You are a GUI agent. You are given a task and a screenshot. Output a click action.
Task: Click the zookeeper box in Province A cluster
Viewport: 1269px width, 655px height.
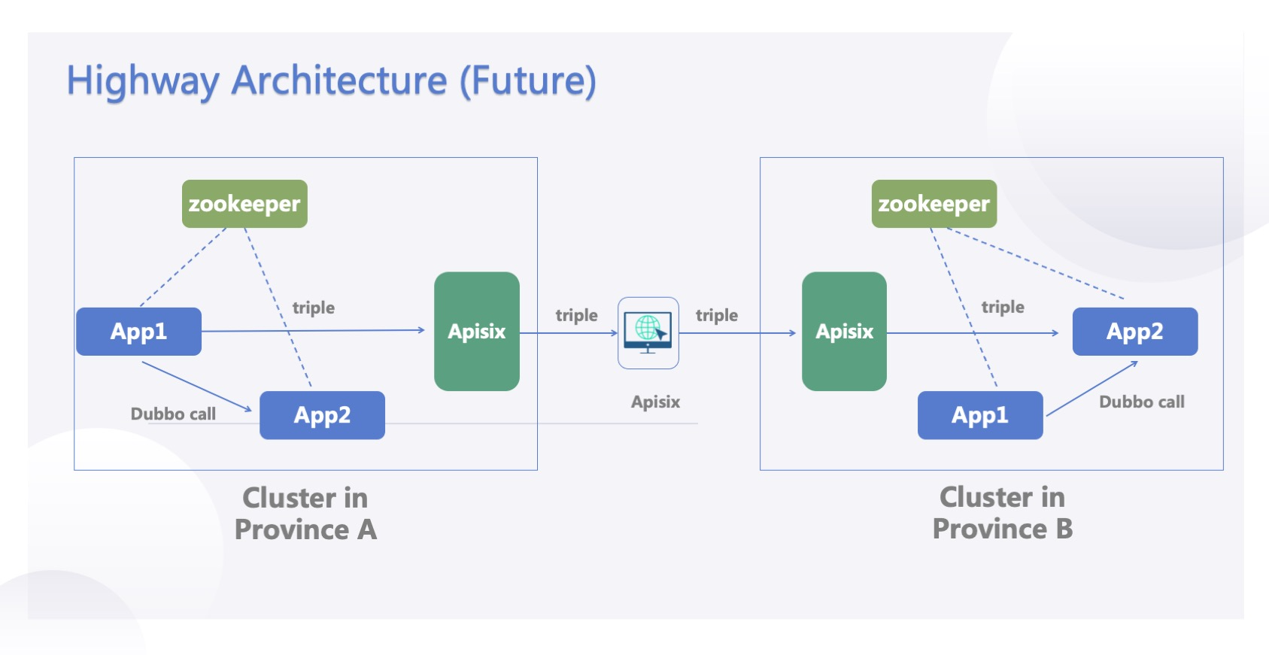pos(244,204)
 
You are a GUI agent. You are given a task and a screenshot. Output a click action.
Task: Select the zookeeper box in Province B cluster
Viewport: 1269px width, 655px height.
pos(934,204)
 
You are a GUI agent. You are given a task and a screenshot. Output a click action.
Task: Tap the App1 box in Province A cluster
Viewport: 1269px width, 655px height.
pos(138,332)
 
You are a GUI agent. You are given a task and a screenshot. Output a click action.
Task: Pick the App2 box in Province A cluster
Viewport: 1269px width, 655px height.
pos(322,415)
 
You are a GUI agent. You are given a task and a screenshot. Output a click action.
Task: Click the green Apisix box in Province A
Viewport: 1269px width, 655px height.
pos(477,332)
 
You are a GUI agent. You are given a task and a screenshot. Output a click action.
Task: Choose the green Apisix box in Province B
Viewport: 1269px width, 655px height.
pos(844,332)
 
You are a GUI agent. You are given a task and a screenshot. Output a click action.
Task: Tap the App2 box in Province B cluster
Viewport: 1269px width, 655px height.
pos(1134,332)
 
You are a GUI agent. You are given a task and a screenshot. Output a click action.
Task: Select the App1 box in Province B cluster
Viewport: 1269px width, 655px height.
pos(979,415)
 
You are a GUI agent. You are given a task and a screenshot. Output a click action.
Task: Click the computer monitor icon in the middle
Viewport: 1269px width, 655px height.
pos(648,332)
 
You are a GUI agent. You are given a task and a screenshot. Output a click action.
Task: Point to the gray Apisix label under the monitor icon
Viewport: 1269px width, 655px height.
pos(655,402)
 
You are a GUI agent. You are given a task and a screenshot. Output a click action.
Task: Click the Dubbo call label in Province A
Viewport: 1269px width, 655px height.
pos(173,414)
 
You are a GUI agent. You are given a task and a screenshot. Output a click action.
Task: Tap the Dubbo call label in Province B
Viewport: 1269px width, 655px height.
pos(1141,402)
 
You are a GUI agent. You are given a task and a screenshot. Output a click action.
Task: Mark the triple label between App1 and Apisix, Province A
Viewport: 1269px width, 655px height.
pos(313,308)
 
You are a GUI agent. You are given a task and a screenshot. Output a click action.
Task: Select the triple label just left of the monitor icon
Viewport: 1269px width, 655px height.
pos(576,315)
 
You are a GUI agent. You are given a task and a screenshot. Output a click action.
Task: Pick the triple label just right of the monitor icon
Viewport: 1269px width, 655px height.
pos(716,315)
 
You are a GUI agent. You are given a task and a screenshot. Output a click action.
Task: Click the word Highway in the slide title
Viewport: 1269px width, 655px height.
pos(144,81)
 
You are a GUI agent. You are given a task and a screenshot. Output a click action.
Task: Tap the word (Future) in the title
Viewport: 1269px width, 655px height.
pos(528,81)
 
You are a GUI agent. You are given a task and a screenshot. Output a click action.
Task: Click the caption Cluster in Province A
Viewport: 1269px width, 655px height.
pos(305,514)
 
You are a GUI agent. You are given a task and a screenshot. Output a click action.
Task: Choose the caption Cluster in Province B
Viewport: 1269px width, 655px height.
pos(1002,513)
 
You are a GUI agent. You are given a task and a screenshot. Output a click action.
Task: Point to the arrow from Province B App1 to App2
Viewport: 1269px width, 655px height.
pos(1091,389)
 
